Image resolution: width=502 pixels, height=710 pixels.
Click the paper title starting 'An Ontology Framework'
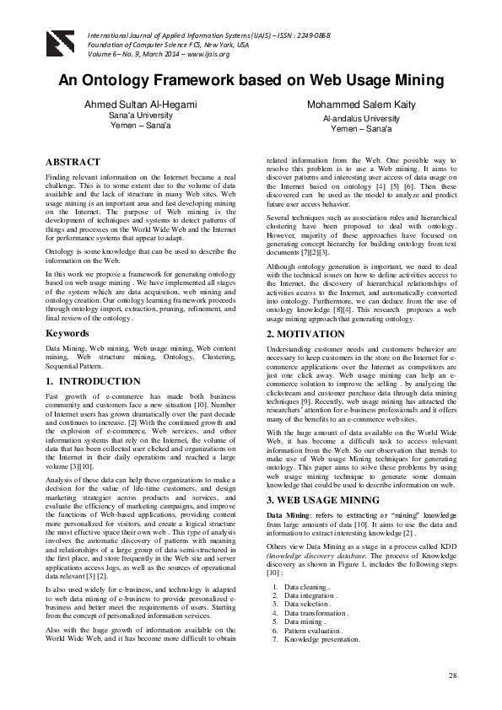251,81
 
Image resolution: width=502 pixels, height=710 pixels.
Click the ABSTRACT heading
73,162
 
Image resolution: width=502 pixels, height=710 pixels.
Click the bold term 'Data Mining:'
290,514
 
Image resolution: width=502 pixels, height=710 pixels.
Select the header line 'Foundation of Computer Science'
169,43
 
